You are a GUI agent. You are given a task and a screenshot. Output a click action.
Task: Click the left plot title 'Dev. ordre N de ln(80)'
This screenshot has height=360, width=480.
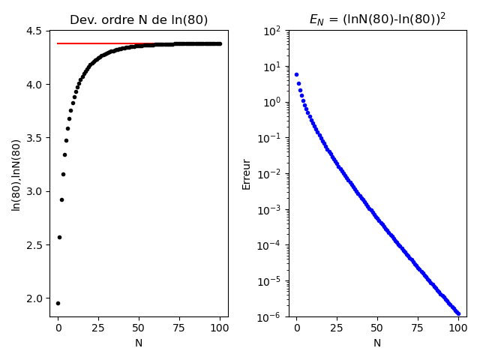pyautogui.click(x=139, y=20)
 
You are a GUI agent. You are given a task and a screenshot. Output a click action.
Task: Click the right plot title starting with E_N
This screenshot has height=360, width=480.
pyautogui.click(x=377, y=19)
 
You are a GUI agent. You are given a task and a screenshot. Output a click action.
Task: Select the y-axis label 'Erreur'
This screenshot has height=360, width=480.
pyautogui.click(x=247, y=174)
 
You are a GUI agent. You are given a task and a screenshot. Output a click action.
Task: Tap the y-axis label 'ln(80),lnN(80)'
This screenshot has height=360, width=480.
pyautogui.click(x=16, y=175)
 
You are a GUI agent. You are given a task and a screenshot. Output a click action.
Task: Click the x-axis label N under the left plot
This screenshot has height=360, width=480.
pyautogui.click(x=139, y=343)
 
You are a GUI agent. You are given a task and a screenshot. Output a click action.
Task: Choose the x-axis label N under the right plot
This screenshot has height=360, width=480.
pyautogui.click(x=377, y=343)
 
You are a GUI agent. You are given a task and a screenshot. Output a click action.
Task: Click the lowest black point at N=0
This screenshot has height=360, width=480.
pyautogui.click(x=58, y=303)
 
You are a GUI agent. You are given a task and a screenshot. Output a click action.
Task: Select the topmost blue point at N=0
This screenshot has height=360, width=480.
pyautogui.click(x=296, y=74)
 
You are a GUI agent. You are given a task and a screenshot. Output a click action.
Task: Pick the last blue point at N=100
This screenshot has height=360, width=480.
pyautogui.click(x=458, y=313)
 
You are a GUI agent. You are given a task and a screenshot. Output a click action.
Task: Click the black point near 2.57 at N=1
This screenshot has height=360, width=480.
pyautogui.click(x=59, y=237)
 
